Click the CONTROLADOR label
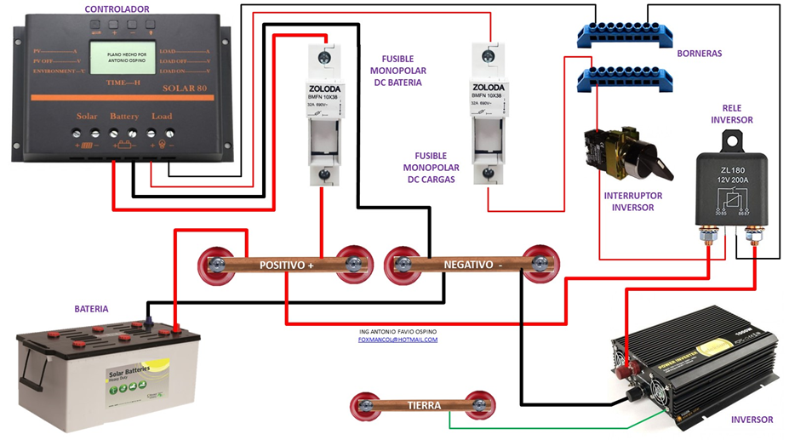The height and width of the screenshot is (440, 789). coord(117,9)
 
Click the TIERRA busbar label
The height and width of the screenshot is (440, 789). coord(423,405)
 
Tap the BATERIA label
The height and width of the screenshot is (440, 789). coord(91,309)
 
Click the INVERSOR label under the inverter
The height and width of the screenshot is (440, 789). coord(752,420)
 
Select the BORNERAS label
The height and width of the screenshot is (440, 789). coord(699,54)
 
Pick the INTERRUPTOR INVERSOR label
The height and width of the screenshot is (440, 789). coord(632,202)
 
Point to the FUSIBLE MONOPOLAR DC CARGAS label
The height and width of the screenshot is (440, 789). coord(431,168)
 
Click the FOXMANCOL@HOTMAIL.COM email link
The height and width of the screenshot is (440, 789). coord(397,340)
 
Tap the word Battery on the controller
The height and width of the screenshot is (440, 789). coord(124,116)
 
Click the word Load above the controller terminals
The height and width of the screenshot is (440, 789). coord(162,116)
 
